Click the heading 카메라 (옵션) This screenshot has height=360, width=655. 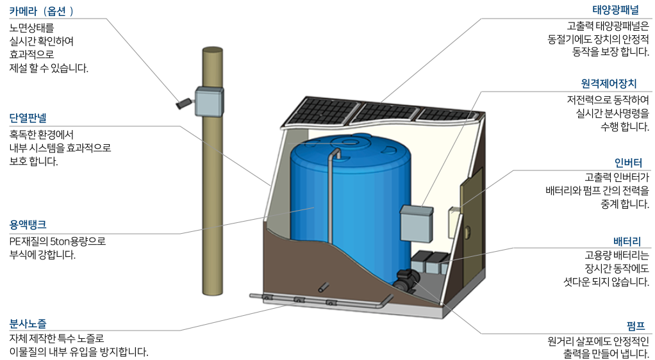[42, 11]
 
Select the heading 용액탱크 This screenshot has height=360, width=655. [28, 225]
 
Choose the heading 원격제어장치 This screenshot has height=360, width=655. [618, 83]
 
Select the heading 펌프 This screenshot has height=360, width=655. [638, 324]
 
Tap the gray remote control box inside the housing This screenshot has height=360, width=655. [417, 224]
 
